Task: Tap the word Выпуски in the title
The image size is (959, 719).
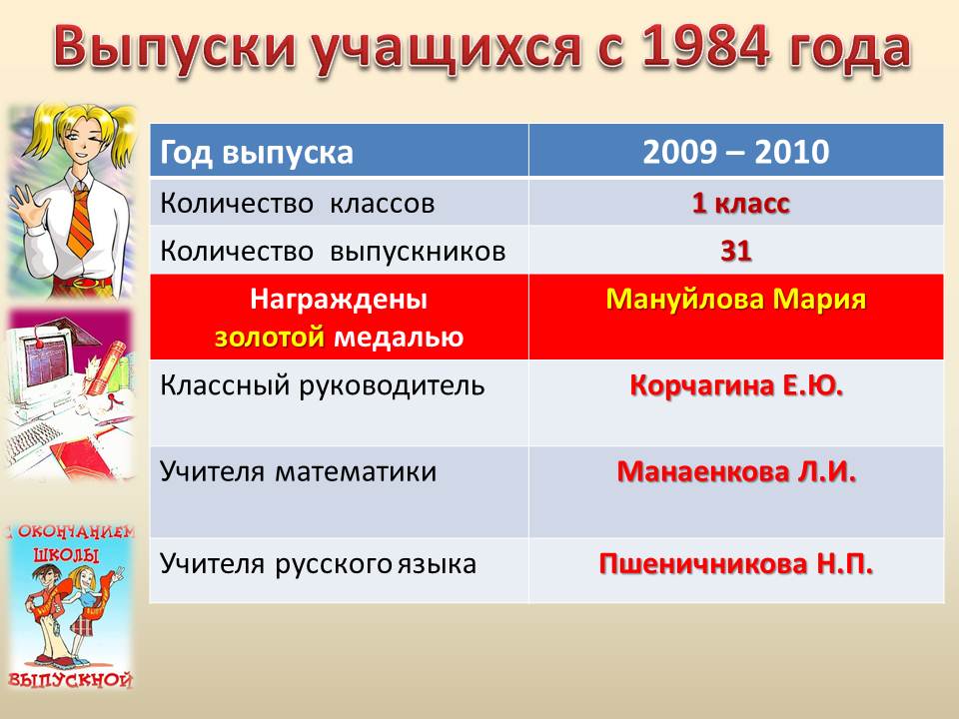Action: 174,49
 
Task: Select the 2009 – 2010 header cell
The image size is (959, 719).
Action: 736,152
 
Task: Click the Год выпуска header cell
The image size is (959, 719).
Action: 340,152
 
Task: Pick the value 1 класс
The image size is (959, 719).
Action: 740,203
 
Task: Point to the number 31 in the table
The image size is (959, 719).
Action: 736,251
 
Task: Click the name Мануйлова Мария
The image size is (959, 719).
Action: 736,300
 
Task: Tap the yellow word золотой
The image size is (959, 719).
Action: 269,337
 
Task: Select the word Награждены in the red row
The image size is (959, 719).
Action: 339,300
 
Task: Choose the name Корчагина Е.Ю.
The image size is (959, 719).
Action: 736,385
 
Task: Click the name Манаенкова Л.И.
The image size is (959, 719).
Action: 736,471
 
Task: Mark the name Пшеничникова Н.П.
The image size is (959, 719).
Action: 736,563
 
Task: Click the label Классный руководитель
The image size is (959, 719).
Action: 323,385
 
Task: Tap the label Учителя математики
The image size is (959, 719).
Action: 299,472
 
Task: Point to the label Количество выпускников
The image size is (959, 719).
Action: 333,252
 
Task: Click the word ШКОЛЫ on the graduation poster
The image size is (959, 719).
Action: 66,555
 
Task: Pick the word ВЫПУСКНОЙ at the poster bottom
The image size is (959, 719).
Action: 70,680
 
